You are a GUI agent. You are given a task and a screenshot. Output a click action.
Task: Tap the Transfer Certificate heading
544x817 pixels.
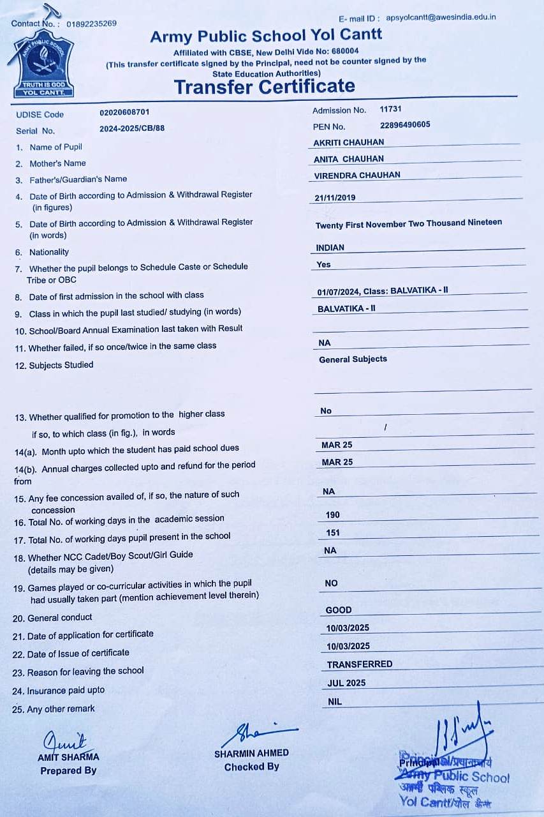tap(264, 86)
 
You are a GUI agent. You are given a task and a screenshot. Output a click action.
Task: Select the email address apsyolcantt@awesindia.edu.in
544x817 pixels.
tap(441, 17)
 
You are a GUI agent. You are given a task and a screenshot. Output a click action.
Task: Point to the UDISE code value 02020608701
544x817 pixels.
tap(124, 113)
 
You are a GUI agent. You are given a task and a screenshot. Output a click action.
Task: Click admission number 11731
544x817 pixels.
tap(390, 109)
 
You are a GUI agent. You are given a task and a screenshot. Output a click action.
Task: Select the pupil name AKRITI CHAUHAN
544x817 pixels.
tap(349, 142)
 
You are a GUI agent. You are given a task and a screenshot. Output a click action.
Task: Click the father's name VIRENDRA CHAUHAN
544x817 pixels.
tap(357, 175)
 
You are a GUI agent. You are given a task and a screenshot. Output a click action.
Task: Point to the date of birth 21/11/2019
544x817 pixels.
tap(335, 198)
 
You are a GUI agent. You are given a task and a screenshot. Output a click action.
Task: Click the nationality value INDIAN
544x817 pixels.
tap(330, 248)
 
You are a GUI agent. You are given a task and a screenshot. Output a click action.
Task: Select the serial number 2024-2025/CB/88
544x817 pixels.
tap(132, 128)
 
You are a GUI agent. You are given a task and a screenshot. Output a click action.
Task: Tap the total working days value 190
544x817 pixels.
tap(332, 514)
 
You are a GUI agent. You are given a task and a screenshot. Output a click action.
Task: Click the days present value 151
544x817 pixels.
tap(332, 532)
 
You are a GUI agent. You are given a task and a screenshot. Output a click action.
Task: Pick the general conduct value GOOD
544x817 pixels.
tap(339, 610)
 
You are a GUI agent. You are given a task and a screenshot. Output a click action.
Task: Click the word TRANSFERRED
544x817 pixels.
tap(360, 664)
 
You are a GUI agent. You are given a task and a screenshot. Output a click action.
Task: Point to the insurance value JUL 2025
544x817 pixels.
tap(346, 683)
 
